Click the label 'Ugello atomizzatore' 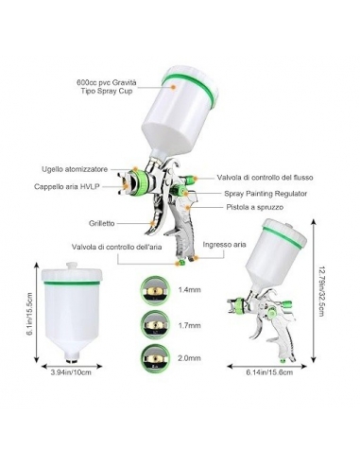[75, 169]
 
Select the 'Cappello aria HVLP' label [67, 186]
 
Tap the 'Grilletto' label [101, 223]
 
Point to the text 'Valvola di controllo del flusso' [265, 178]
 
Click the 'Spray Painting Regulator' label [266, 194]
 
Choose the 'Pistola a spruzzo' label [255, 207]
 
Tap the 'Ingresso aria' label [224, 245]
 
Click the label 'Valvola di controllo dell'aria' [116, 247]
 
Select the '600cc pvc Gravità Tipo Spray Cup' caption [106, 87]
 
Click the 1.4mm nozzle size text [189, 289]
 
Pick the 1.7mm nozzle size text [189, 325]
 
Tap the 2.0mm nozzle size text [189, 358]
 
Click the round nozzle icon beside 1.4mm [155, 290]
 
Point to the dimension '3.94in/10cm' [71, 372]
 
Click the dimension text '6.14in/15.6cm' [269, 372]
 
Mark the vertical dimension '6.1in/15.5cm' [30, 315]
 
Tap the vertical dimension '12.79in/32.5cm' [321, 291]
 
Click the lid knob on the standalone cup [72, 266]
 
